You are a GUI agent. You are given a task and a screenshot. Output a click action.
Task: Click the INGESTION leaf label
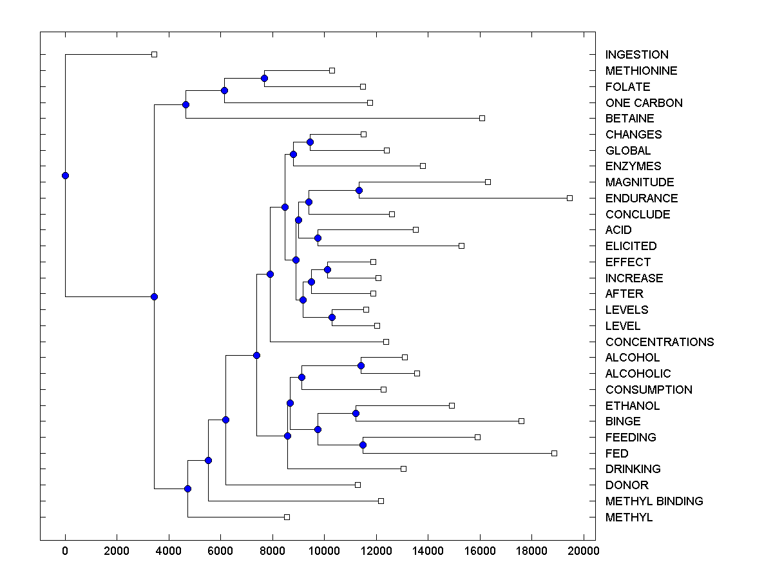[x=636, y=55]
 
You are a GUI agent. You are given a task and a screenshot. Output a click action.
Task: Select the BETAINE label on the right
[x=629, y=119]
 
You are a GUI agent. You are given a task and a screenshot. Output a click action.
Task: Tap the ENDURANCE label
[x=641, y=198]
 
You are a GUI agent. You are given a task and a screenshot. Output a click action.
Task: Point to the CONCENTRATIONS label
[x=659, y=342]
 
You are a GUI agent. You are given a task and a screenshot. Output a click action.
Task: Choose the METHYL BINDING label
[x=654, y=501]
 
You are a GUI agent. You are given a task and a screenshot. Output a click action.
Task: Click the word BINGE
[x=623, y=421]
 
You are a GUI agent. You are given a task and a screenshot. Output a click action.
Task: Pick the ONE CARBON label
[x=644, y=103]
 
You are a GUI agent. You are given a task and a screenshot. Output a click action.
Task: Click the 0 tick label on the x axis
[x=65, y=550]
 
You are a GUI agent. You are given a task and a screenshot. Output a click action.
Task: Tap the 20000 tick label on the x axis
[x=584, y=550]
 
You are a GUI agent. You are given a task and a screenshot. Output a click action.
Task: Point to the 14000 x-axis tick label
[x=428, y=550]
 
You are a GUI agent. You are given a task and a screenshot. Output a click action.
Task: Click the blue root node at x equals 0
[x=65, y=175]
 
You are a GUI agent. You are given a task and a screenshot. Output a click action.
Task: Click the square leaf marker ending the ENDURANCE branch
[x=569, y=198]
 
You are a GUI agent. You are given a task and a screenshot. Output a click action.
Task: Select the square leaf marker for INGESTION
[x=154, y=54]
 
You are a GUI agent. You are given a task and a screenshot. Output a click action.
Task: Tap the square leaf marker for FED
[x=554, y=453]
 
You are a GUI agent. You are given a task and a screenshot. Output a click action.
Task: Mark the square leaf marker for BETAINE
[x=482, y=118]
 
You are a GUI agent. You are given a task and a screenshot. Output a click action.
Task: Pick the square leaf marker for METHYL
[x=287, y=517]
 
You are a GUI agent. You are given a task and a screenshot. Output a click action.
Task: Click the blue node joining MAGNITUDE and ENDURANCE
[x=359, y=190]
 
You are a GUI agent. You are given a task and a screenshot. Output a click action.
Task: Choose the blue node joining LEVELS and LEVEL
[x=332, y=317]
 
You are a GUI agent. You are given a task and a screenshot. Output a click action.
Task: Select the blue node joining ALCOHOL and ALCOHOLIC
[x=361, y=365]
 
